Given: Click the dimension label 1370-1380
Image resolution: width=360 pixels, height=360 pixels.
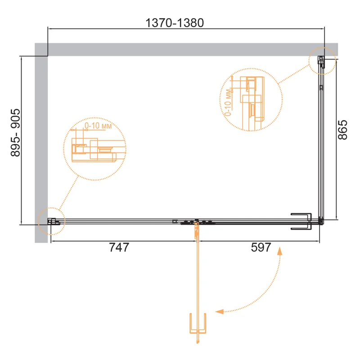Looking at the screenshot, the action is coord(175,23).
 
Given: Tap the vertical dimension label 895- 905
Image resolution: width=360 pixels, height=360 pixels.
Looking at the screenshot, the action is coord(15,133).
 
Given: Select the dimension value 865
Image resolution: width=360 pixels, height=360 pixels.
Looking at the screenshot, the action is coord(342,130).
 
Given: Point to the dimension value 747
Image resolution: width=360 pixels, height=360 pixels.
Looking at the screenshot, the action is coord(119,247).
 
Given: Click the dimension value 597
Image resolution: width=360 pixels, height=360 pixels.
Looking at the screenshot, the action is coord(261,247).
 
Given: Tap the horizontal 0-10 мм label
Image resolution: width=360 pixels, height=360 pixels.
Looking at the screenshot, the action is coord(98,126).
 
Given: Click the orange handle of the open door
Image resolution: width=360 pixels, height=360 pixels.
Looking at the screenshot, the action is coord(198,323).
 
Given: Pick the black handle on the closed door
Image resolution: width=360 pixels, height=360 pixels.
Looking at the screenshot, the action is coord(301,221).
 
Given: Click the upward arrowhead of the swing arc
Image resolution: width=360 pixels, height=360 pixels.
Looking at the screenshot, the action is coord(279,251).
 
